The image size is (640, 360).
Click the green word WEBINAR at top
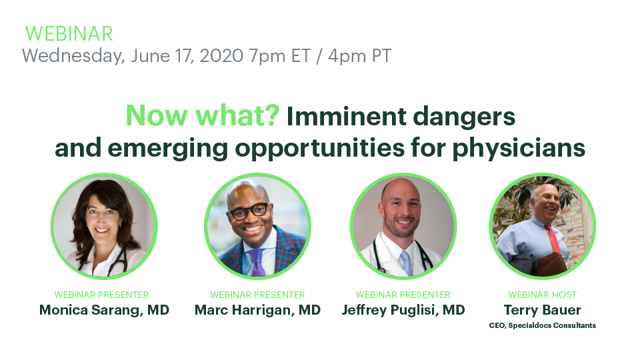(x=69, y=34)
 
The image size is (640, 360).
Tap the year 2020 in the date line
(x=221, y=55)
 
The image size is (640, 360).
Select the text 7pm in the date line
(x=267, y=56)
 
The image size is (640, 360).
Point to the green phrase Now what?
(x=203, y=115)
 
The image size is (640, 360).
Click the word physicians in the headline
(x=519, y=148)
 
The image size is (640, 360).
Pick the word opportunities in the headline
(x=319, y=148)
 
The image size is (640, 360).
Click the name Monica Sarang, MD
(x=104, y=310)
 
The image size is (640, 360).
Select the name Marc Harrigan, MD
(x=257, y=310)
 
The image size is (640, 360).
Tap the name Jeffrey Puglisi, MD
(x=403, y=310)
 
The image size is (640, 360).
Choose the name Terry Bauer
(x=543, y=310)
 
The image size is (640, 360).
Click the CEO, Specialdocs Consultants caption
(x=543, y=325)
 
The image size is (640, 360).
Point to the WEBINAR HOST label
(x=543, y=295)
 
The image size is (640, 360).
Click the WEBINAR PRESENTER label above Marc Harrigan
(x=257, y=295)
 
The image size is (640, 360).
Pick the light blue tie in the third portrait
(x=407, y=263)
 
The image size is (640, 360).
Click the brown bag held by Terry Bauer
(x=551, y=264)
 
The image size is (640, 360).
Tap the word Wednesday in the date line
(x=73, y=56)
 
